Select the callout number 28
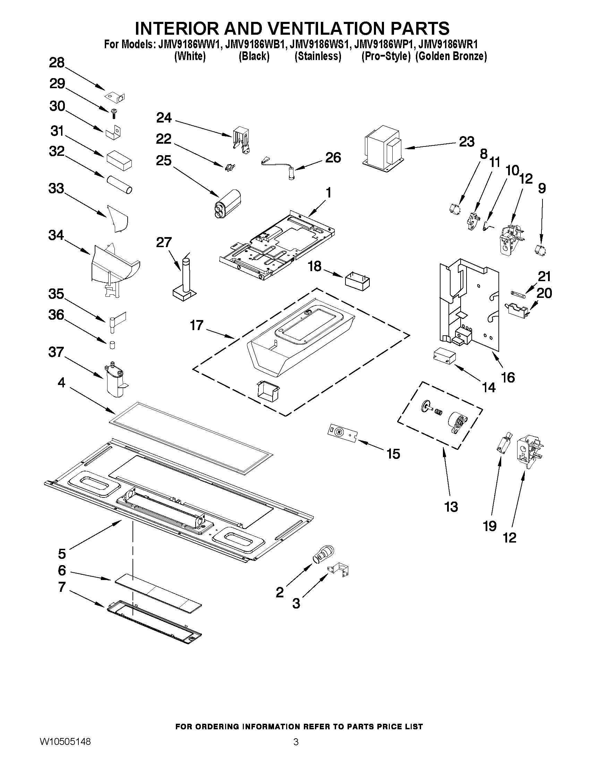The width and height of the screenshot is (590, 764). point(57,62)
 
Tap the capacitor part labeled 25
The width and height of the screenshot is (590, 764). point(228,204)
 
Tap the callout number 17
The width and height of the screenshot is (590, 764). point(196,325)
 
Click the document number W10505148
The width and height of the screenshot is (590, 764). point(65,752)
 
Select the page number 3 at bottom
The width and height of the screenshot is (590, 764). point(296,752)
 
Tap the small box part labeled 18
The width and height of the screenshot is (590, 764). point(358,282)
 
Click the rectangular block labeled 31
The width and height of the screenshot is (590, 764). point(119,160)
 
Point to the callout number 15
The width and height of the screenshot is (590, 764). point(393,454)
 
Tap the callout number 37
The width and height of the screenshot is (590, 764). point(56,352)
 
